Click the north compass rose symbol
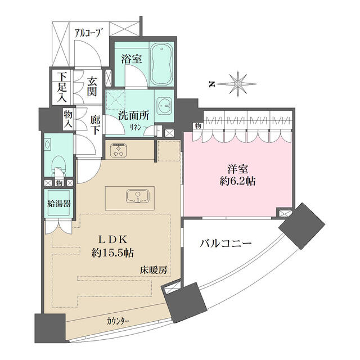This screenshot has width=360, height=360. click(x=238, y=84)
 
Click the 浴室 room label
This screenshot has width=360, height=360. click(x=131, y=58)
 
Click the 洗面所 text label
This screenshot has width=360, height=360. click(x=133, y=116)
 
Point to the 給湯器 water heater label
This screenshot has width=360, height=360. click(x=58, y=204)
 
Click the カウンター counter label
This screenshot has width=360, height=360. click(x=118, y=321)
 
